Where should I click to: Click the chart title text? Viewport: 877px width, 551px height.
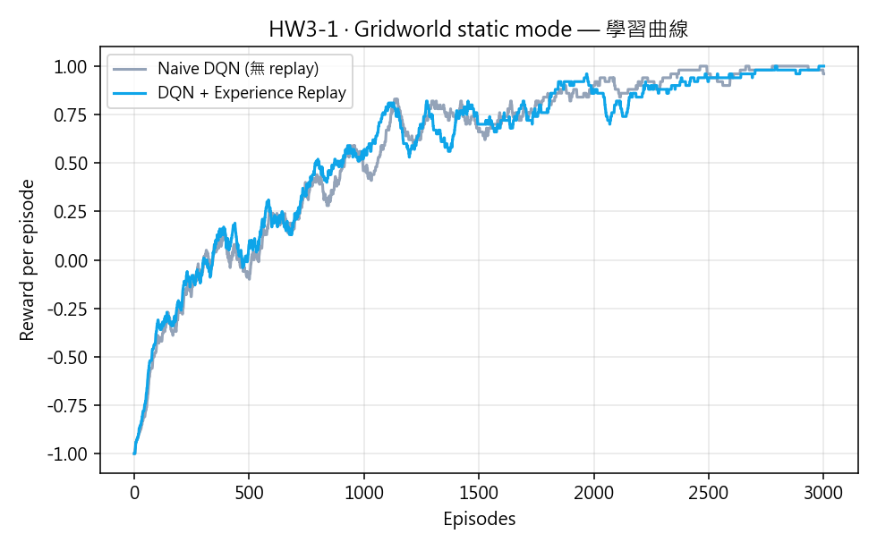[x=478, y=30]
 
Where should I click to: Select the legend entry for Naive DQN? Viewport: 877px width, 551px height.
[x=238, y=69]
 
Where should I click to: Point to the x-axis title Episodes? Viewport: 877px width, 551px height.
[x=479, y=519]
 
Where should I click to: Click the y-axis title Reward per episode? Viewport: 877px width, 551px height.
[x=28, y=260]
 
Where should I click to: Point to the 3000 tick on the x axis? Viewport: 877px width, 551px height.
[x=823, y=492]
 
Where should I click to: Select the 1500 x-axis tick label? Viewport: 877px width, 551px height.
[x=479, y=492]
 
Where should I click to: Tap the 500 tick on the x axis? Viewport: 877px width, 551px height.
[x=249, y=492]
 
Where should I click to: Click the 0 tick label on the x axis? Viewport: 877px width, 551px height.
[x=134, y=492]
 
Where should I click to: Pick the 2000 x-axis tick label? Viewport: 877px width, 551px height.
[x=593, y=492]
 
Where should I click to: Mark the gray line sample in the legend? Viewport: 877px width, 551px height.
[x=131, y=69]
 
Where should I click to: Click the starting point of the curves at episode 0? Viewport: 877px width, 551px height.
[x=134, y=454]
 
